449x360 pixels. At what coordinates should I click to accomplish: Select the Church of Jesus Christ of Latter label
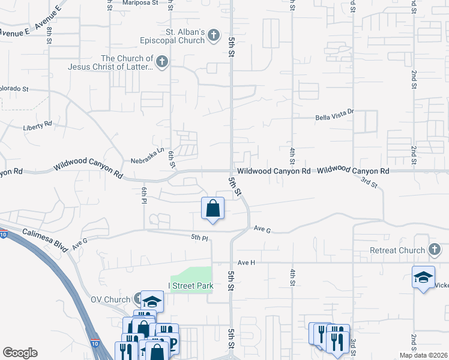point(127,62)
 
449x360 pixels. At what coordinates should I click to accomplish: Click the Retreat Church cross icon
point(435,250)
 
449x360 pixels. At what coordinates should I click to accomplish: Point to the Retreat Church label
point(397,250)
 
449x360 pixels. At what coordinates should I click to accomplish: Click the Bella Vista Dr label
point(336,118)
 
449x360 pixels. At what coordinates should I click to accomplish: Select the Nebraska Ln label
point(147,161)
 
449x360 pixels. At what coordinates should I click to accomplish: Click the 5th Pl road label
point(199,238)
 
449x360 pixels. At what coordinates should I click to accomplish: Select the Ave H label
point(246,263)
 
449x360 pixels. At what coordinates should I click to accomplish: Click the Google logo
point(20,353)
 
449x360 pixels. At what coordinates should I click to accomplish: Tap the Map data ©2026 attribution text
point(423,355)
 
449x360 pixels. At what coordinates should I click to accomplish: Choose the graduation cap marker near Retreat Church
point(423,277)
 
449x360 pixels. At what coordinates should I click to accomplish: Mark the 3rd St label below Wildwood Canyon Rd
point(370,182)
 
